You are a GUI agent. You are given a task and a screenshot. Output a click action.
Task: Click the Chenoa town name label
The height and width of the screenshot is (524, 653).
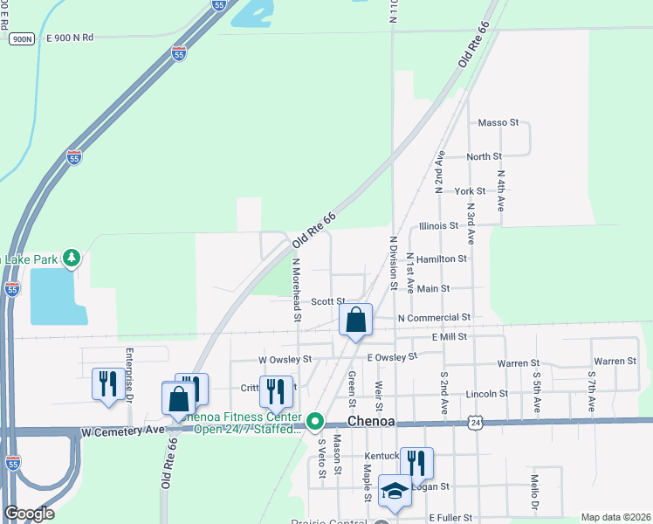coord(373,421)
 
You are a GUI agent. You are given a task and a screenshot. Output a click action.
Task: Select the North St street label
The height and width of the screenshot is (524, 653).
coord(484,156)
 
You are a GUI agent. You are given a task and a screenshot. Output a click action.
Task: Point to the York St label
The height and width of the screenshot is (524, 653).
coord(470,191)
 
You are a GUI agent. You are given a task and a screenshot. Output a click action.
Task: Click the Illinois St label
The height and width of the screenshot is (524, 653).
coord(438,225)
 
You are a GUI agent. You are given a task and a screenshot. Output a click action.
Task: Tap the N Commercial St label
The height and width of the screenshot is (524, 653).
coord(434,318)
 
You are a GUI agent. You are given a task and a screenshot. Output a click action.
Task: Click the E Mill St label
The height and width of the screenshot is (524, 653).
coord(448,336)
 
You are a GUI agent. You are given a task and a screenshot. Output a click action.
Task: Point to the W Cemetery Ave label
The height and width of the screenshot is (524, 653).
coord(122,430)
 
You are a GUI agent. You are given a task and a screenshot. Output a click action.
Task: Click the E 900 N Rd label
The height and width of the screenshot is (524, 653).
coord(70,38)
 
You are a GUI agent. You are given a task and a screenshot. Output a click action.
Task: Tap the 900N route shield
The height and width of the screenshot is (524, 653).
coord(21,38)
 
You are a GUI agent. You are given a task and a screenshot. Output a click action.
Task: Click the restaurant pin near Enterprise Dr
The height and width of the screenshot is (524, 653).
coord(108,384)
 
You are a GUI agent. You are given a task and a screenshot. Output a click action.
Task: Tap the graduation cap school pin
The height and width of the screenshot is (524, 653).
coord(395,491)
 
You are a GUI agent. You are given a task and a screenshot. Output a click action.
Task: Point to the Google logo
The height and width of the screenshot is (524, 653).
coord(29,513)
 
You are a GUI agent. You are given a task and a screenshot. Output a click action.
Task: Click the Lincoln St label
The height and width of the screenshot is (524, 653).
coord(486,394)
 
